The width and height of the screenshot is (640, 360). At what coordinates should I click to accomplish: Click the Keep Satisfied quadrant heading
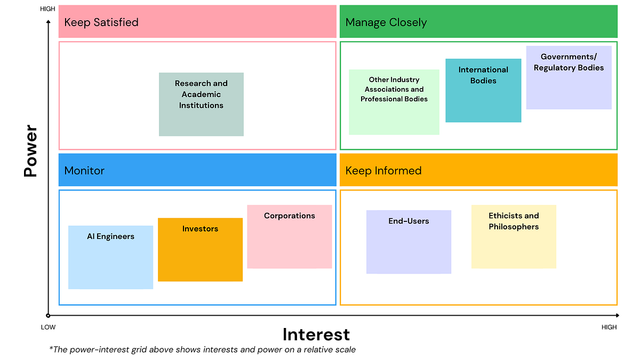point(101,22)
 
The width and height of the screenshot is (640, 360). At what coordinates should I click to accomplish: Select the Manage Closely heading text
point(386,22)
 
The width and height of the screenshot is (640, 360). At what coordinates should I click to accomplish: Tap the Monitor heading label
point(84,171)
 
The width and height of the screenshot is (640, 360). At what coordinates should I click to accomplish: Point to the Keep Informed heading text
point(383,171)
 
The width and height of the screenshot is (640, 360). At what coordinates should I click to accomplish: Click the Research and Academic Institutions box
point(201,104)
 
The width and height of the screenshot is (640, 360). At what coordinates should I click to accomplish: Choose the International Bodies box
point(483,90)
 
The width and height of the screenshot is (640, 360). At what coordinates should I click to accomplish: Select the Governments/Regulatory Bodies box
point(569,78)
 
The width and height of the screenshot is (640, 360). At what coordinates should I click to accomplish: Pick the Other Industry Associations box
point(394,102)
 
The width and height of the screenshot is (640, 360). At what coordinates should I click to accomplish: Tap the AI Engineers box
point(110,257)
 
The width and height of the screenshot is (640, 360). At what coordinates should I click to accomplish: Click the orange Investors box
point(200,250)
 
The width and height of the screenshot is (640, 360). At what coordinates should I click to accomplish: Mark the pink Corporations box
point(290,236)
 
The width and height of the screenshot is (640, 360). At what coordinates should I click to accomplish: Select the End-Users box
point(409,242)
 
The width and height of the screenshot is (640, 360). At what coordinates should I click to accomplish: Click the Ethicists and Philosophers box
point(514,236)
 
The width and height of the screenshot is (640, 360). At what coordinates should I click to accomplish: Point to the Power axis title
point(30,151)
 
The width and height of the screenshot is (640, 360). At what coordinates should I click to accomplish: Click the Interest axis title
point(316,334)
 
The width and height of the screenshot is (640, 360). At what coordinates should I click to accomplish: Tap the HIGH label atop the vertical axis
point(47,9)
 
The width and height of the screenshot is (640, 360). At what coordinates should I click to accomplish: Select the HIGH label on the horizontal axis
point(609,327)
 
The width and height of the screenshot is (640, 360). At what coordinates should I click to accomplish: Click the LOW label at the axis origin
point(48,327)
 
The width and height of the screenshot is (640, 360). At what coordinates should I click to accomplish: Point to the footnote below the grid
point(202,349)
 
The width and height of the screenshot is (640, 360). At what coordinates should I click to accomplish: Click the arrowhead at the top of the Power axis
point(48,22)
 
